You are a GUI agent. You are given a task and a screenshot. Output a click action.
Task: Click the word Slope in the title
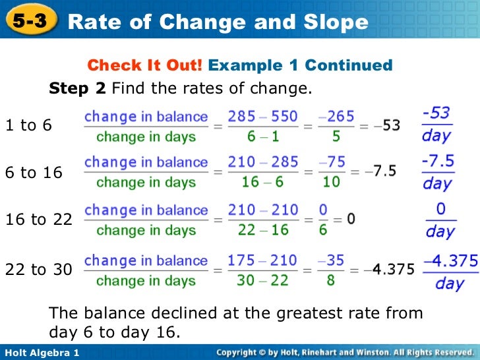(x=333, y=22)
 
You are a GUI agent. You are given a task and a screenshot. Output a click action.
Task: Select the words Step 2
(x=78, y=88)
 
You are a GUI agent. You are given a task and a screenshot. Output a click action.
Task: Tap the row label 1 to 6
(x=28, y=125)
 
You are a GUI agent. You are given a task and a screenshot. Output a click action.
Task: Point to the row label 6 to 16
(x=34, y=173)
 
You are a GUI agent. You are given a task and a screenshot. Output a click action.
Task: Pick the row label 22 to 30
(x=39, y=269)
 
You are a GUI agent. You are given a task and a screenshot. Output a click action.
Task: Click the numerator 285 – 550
(x=262, y=117)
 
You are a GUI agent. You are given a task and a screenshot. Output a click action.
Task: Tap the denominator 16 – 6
(x=262, y=182)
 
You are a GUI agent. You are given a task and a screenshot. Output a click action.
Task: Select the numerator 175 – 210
(x=262, y=260)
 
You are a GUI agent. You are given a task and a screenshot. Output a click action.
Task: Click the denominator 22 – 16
(x=262, y=230)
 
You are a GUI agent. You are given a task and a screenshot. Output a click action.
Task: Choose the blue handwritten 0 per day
(x=440, y=220)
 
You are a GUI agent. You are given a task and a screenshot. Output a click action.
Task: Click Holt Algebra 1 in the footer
(x=41, y=353)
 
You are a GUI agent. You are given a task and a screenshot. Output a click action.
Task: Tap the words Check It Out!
(x=145, y=65)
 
